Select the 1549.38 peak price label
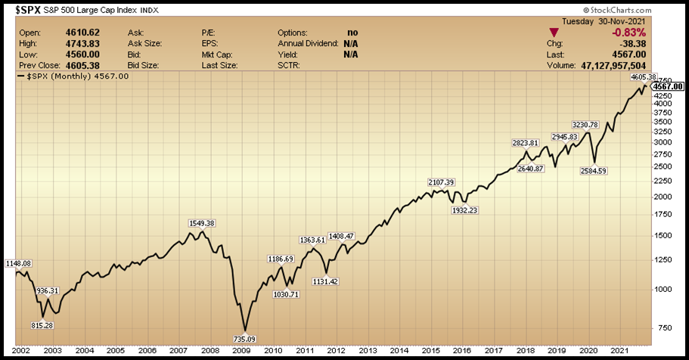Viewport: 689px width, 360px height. click(x=201, y=223)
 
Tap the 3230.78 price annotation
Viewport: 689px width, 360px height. click(x=585, y=125)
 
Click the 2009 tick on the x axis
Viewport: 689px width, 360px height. click(x=241, y=351)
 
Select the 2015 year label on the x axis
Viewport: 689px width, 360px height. click(x=431, y=351)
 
